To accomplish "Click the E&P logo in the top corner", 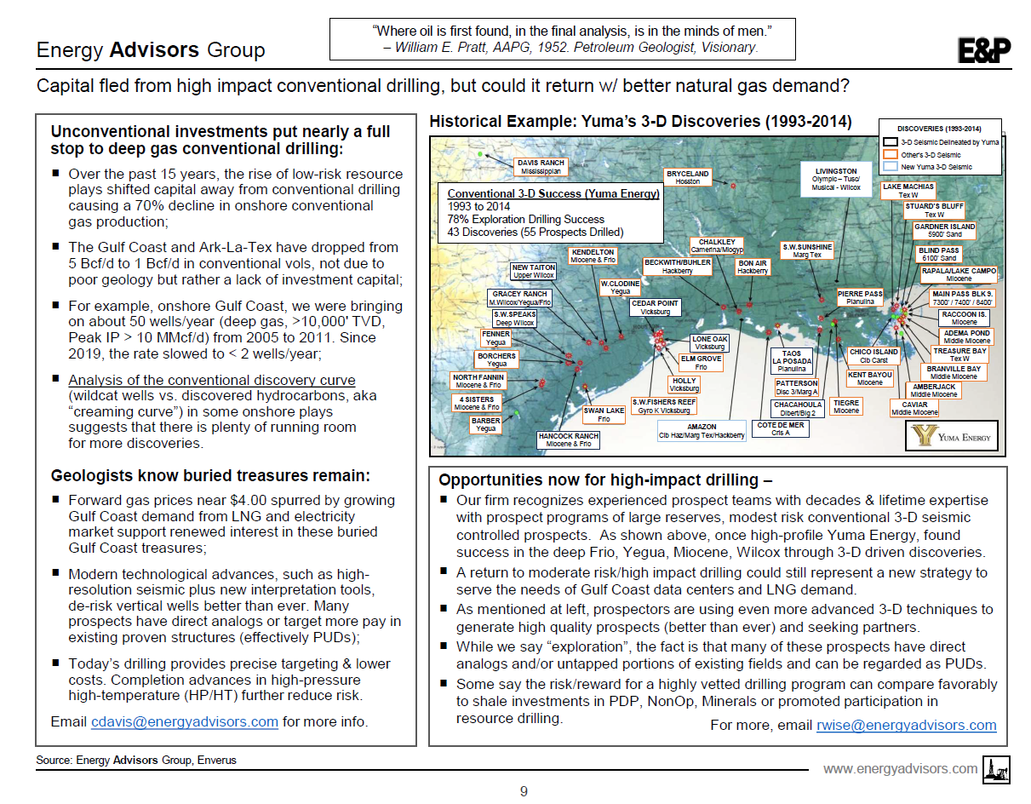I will (x=984, y=51).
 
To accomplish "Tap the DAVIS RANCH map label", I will (x=541, y=166).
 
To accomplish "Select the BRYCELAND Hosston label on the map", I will (x=688, y=177).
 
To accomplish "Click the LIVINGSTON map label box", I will (x=836, y=179).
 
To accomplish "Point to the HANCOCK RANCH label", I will (x=569, y=439).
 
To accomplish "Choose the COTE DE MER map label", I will (x=781, y=428).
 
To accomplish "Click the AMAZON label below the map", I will (x=702, y=431).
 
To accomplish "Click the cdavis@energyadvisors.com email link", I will (x=185, y=722).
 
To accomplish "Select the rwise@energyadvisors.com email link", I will (x=906, y=725).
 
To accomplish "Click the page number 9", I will (x=524, y=791).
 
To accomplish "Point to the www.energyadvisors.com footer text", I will (x=901, y=768).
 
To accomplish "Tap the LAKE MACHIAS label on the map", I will (x=908, y=190).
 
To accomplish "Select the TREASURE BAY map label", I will (x=959, y=354).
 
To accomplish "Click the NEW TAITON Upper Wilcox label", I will (x=534, y=272).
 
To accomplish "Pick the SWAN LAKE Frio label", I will (x=604, y=415).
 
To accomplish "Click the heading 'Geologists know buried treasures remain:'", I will (x=210, y=475).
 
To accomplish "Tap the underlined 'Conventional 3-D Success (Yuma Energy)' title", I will (x=553, y=194).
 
